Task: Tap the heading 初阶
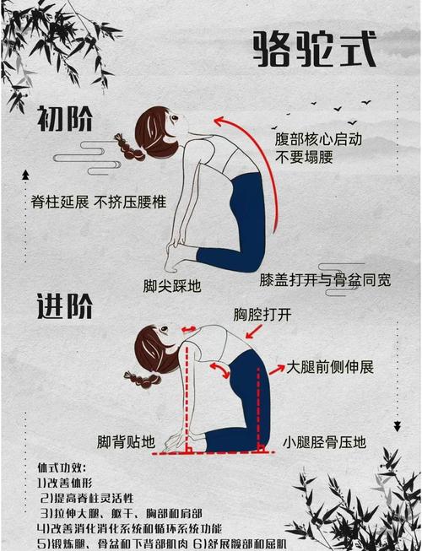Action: pyautogui.click(x=65, y=122)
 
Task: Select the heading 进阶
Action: pyautogui.click(x=64, y=306)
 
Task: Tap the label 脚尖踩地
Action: pyautogui.click(x=172, y=285)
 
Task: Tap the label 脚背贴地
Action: pyautogui.click(x=126, y=441)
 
